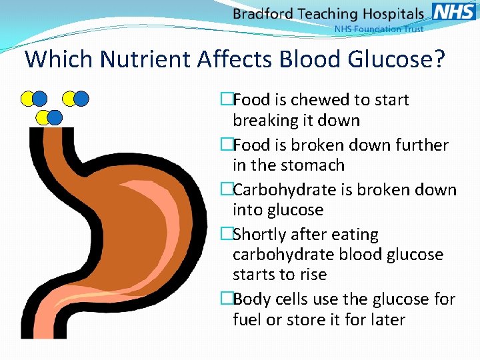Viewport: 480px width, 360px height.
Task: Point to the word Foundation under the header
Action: pyautogui.click(x=375, y=29)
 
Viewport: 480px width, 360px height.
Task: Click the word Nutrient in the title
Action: pyautogui.click(x=147, y=59)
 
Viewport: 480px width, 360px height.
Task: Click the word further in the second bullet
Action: pyautogui.click(x=423, y=145)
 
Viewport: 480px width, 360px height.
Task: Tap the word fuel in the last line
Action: pyautogui.click(x=247, y=320)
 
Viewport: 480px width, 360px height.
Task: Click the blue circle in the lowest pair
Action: pyautogui.click(x=55, y=118)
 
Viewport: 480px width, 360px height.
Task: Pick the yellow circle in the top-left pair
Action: pyautogui.click(x=27, y=99)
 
